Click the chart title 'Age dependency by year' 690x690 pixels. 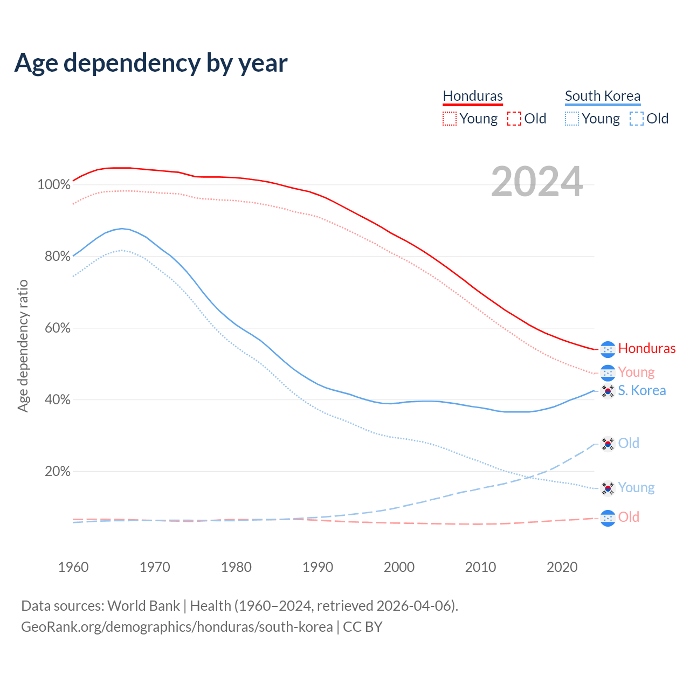pos(151,63)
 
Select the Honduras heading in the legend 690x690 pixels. pos(473,96)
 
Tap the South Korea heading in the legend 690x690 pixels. pos(603,96)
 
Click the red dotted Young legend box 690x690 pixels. pos(449,119)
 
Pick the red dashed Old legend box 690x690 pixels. pos(514,119)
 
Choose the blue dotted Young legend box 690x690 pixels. pos(572,119)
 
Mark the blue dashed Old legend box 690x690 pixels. pos(637,119)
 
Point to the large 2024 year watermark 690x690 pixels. pos(537,182)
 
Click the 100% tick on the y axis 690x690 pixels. pos(54,185)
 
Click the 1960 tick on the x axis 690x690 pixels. pos(73,567)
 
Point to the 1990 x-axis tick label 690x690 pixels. pos(318,567)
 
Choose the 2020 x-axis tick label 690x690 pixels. pos(562,567)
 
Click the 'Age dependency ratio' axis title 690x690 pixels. pos(23,346)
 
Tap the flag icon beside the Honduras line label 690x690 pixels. pos(608,349)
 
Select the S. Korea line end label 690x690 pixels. pos(642,390)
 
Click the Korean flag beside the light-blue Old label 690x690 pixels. pos(608,444)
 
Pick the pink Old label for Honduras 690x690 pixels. pos(629,517)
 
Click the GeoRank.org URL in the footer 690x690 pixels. pos(177,627)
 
